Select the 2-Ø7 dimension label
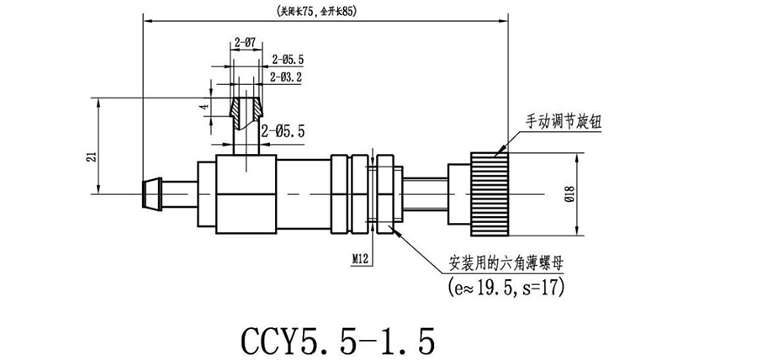[245, 41]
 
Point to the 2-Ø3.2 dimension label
[287, 77]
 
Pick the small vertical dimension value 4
[203, 109]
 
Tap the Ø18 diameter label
[569, 195]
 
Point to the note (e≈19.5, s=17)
[501, 288]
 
